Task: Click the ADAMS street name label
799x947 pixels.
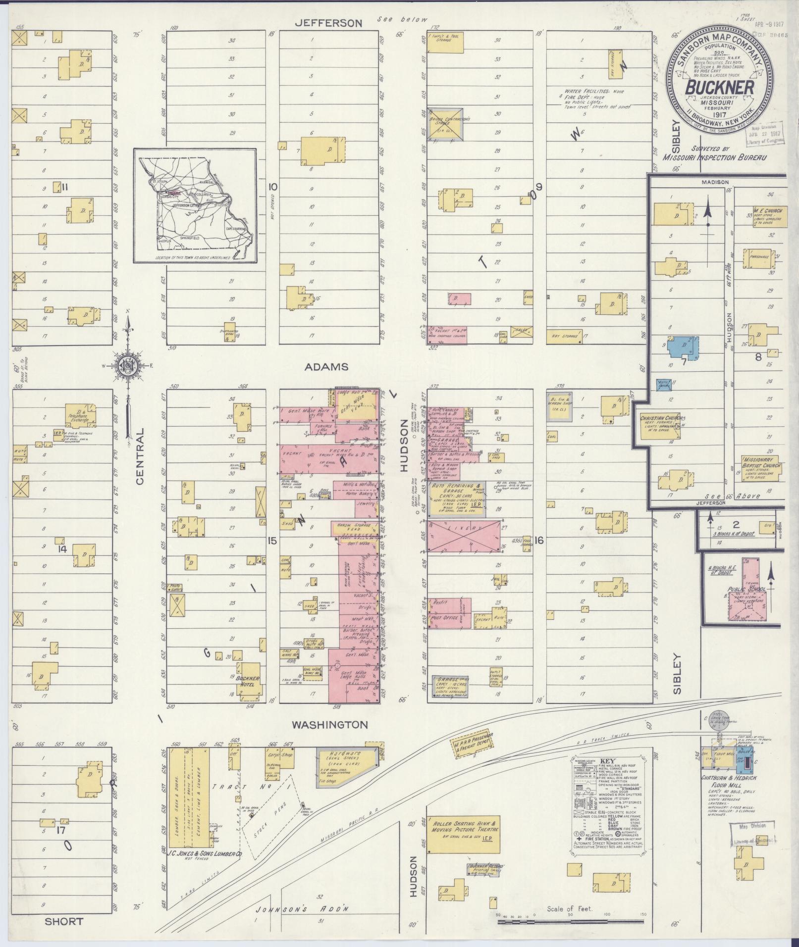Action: point(326,367)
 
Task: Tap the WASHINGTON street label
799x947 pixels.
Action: point(330,725)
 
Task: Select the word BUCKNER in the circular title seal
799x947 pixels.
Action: point(720,88)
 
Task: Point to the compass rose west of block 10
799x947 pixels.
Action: point(129,365)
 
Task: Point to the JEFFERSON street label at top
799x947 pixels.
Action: point(329,23)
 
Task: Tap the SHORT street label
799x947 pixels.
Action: point(64,921)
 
